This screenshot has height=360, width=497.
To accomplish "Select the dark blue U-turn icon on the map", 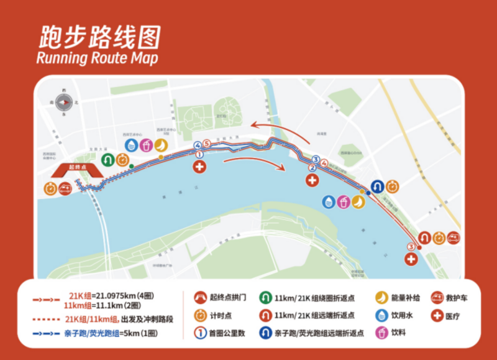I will pyautogui.click(x=377, y=186).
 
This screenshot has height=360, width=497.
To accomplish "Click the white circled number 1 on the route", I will pyautogui.click(x=199, y=154).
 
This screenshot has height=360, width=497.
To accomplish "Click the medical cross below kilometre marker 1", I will pyautogui.click(x=199, y=167).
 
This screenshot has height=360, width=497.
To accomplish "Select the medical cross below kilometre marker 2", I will pyautogui.click(x=312, y=180).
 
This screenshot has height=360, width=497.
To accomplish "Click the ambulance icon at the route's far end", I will pyautogui.click(x=454, y=237).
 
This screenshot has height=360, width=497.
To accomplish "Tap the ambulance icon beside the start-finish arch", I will pyautogui.click(x=65, y=188).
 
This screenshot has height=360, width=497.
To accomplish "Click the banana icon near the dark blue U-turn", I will pyautogui.click(x=358, y=201).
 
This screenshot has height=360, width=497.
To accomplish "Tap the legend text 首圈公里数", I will pyautogui.click(x=229, y=333).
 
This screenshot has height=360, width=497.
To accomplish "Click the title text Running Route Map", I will pyautogui.click(x=97, y=58).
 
